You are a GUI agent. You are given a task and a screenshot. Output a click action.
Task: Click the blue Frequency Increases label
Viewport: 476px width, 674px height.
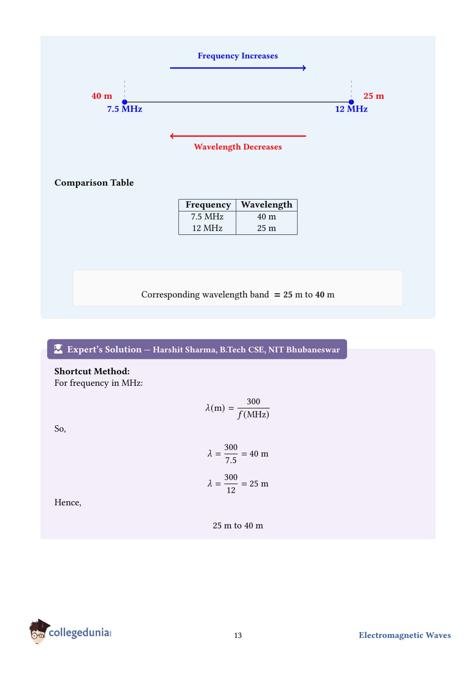(238, 56)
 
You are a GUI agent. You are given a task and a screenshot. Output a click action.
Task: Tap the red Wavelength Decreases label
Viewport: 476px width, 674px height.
(238, 147)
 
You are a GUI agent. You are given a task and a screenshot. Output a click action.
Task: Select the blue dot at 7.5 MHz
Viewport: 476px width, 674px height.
(125, 102)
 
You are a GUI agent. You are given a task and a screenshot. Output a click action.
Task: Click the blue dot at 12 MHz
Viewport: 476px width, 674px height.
(351, 102)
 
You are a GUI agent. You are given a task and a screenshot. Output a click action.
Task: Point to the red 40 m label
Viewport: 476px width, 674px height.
(102, 96)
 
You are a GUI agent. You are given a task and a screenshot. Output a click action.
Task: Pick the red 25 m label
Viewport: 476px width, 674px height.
(374, 96)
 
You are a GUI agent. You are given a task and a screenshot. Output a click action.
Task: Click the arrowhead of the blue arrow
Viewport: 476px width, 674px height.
(304, 68)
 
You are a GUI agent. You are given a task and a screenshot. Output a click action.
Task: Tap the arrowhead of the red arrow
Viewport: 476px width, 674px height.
(172, 136)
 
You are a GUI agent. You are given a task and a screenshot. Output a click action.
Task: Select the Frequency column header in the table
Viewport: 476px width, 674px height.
(208, 205)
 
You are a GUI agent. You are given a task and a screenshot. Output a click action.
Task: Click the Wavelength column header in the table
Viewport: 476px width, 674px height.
(266, 205)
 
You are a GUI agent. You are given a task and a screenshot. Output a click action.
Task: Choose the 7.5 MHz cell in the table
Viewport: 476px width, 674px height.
(207, 217)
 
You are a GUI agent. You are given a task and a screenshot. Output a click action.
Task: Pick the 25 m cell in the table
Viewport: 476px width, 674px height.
(266, 228)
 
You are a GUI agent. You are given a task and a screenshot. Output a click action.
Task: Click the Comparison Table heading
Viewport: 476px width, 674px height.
(94, 183)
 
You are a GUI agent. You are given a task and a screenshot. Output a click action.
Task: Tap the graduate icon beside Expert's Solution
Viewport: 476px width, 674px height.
(58, 349)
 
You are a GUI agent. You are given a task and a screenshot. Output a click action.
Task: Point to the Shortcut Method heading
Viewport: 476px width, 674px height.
(92, 371)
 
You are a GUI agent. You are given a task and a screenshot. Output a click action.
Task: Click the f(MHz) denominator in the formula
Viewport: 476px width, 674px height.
(253, 415)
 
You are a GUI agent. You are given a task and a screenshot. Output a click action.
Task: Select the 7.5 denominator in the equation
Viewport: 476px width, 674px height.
(231, 460)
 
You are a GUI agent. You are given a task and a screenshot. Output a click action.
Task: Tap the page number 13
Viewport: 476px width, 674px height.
(238, 636)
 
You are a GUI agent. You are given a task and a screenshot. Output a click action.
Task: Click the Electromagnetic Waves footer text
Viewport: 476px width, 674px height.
(405, 636)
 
